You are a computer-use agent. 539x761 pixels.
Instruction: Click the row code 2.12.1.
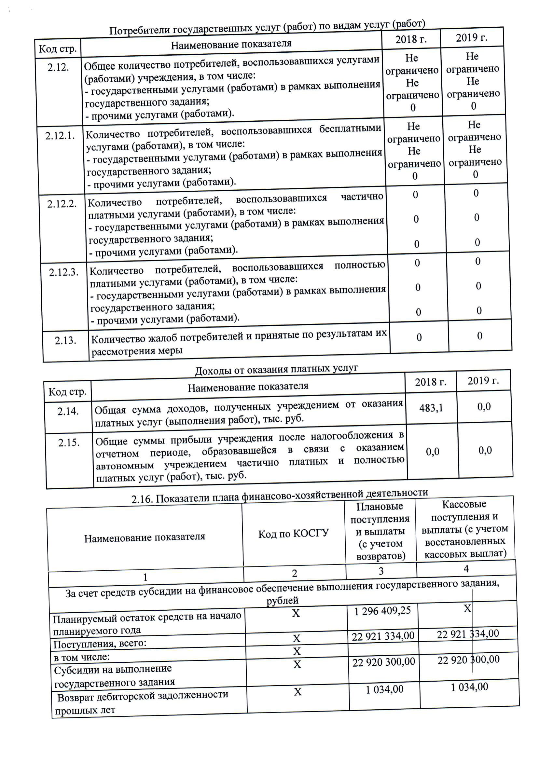click(60, 136)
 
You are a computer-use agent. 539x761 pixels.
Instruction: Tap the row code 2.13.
click(65, 341)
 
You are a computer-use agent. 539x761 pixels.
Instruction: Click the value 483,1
click(431, 408)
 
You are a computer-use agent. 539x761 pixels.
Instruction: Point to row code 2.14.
click(68, 411)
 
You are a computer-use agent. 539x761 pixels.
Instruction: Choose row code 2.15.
click(69, 443)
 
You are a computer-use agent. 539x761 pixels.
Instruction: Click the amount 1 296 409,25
click(382, 611)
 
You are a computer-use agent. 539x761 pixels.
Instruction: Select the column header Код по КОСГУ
click(293, 534)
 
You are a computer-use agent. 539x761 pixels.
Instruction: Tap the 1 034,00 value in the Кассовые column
click(469, 687)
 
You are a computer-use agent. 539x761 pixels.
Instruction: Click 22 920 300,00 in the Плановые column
click(383, 662)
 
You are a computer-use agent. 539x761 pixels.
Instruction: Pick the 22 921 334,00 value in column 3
click(383, 636)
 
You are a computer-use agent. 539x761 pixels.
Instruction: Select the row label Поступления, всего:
click(100, 644)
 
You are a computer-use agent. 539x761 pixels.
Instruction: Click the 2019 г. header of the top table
click(471, 38)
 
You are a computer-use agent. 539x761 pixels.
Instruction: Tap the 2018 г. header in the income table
click(431, 382)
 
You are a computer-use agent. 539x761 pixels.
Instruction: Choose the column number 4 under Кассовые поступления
click(466, 569)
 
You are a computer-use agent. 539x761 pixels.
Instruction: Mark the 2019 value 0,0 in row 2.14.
click(484, 406)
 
